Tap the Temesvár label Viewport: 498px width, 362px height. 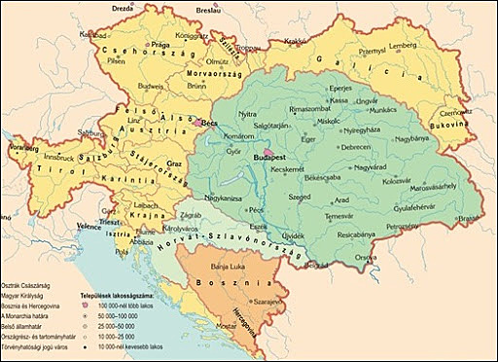click(x=338, y=214)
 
